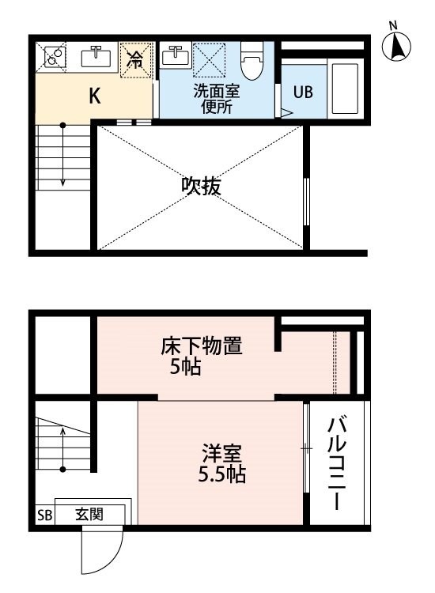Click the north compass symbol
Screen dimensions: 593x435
[x=398, y=46]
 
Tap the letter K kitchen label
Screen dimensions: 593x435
[x=93, y=96]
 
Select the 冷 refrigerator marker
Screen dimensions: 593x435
[x=136, y=59]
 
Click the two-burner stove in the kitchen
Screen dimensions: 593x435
[x=53, y=57]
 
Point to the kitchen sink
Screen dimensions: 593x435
[x=95, y=57]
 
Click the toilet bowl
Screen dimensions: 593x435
[x=251, y=63]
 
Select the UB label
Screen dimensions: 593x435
[x=303, y=92]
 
